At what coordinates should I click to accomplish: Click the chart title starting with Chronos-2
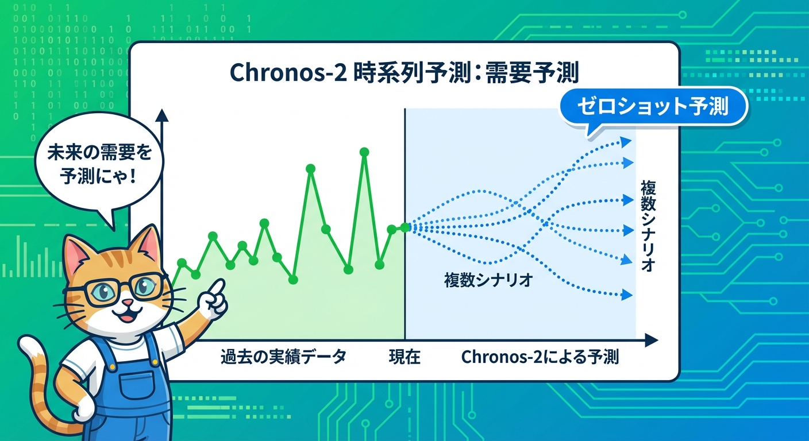(404, 74)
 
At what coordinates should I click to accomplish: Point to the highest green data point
(364, 152)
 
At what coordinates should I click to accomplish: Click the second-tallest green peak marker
(311, 168)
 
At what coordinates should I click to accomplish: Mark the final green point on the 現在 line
(405, 227)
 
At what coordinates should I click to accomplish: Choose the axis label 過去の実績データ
(283, 357)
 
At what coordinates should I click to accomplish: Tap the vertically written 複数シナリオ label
(647, 226)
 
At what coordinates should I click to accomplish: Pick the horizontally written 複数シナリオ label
(489, 281)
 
